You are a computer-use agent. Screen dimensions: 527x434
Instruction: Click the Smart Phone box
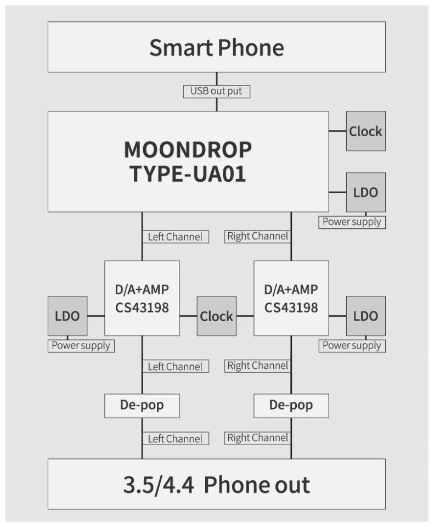tap(216, 47)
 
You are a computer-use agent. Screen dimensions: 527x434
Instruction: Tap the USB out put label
tap(216, 91)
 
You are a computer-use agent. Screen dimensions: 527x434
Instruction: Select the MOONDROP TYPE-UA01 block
tap(188, 161)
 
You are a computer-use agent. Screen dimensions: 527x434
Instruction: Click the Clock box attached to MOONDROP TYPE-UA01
tap(365, 131)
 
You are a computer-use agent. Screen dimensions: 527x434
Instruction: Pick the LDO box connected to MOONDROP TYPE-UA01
tap(365, 192)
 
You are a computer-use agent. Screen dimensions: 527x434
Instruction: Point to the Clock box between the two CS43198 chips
tap(216, 316)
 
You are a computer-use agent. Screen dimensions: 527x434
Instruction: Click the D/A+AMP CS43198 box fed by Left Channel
tap(142, 298)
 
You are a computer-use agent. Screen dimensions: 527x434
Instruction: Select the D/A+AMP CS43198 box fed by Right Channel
tap(291, 298)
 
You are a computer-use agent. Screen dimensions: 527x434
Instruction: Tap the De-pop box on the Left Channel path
tap(142, 406)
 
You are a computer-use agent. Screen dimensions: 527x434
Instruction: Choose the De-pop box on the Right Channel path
tap(291, 406)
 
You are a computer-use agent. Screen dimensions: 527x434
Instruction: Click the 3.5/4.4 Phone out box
tap(216, 484)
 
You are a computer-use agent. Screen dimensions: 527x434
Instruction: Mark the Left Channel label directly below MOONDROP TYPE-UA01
tap(176, 237)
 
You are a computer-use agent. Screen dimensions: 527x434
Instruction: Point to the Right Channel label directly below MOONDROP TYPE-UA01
tap(257, 237)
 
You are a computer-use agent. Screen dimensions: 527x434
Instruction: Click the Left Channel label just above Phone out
tap(176, 439)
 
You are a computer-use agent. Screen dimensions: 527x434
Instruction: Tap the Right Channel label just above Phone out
tap(257, 438)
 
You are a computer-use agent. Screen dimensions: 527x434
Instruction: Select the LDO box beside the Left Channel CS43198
tap(67, 316)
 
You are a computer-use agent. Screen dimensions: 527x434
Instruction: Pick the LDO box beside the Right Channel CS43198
tap(365, 316)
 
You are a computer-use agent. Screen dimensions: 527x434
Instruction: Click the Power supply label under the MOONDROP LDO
tap(352, 222)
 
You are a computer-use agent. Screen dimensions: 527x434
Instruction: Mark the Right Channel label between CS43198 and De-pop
tap(257, 366)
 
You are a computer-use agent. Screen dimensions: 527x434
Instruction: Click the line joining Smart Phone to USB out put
tap(216, 79)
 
